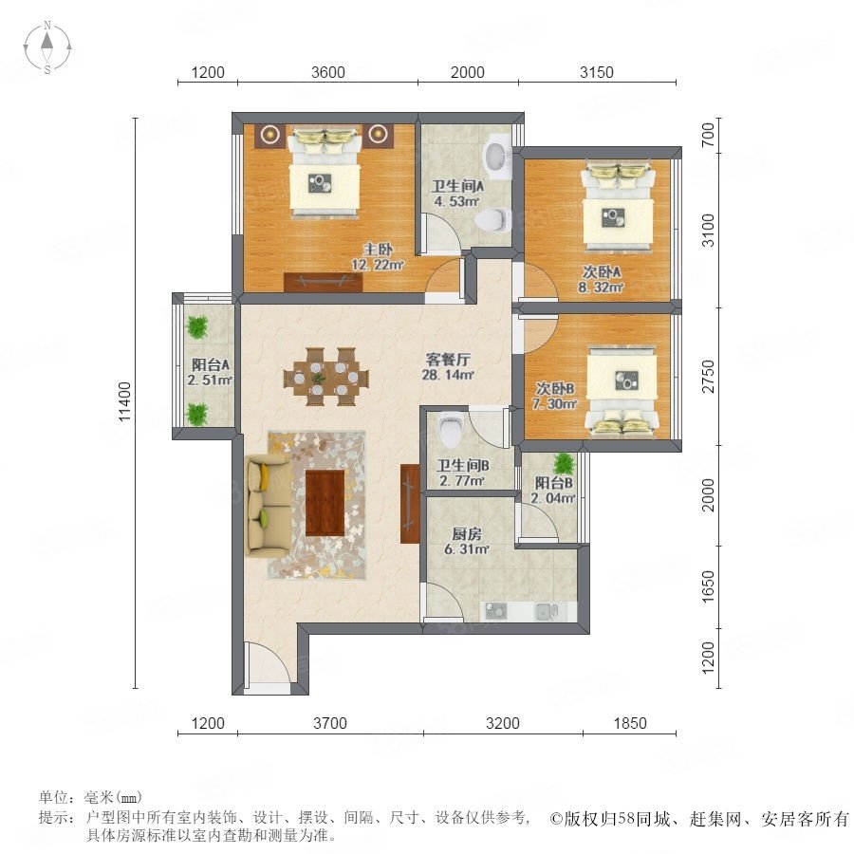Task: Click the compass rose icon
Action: tap(47, 47)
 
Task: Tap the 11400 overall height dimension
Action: tap(125, 401)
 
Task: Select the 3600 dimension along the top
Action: tap(328, 72)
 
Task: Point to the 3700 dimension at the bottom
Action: tap(330, 723)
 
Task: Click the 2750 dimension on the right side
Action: tap(708, 376)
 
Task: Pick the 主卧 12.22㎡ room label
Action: tap(378, 257)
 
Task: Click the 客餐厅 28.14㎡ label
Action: tap(448, 366)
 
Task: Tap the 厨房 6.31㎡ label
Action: tap(467, 542)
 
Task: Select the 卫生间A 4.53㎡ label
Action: tap(457, 194)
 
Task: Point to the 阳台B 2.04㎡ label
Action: tap(553, 491)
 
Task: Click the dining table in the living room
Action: tap(325, 377)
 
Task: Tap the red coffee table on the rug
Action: tap(325, 503)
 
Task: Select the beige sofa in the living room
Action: tap(268, 507)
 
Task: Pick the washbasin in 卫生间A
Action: tap(497, 156)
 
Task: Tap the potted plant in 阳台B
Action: tap(563, 464)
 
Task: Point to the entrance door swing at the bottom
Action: tap(268, 662)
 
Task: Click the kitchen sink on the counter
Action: tap(546, 611)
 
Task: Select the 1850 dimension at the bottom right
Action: tap(630, 723)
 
